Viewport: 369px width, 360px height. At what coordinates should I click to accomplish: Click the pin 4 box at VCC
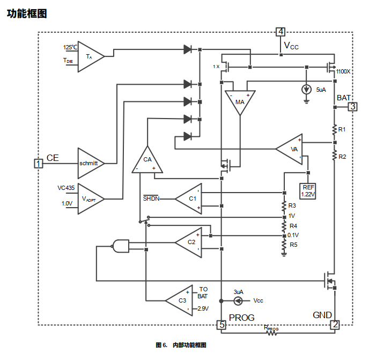281,32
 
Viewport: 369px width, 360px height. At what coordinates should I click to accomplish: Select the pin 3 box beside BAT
352,106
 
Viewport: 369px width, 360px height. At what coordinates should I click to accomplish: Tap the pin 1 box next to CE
38,163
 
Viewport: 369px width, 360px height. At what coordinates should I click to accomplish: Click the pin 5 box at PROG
221,325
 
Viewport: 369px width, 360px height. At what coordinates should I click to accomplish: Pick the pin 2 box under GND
335,325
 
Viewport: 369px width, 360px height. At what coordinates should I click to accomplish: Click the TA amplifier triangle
91,56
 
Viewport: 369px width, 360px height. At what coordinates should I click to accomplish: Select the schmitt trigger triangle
90,163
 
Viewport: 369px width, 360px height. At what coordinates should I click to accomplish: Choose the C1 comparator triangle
190,199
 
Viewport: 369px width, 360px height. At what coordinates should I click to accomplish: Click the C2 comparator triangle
189,242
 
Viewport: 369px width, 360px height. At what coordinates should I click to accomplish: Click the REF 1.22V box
308,190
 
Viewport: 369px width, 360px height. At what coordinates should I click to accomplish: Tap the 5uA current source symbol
306,90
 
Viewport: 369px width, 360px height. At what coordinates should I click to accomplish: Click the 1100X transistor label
343,71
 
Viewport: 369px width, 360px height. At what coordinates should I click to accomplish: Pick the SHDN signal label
151,199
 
